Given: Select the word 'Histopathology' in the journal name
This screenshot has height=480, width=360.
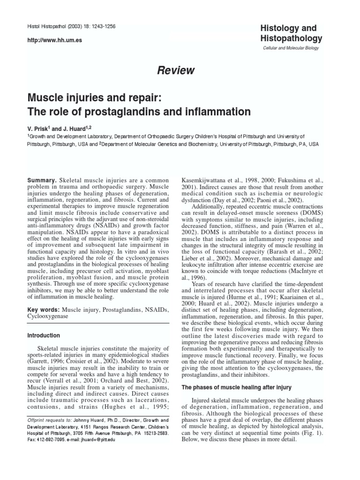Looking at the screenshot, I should click(291, 38).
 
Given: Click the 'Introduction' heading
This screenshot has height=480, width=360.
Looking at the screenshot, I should click(43, 336).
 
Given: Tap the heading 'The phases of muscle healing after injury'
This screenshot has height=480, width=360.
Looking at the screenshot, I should click(236, 387).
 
